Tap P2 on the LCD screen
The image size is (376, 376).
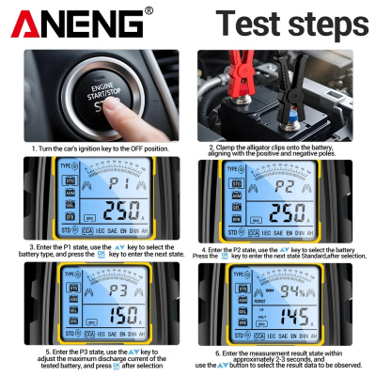tap(286, 185)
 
